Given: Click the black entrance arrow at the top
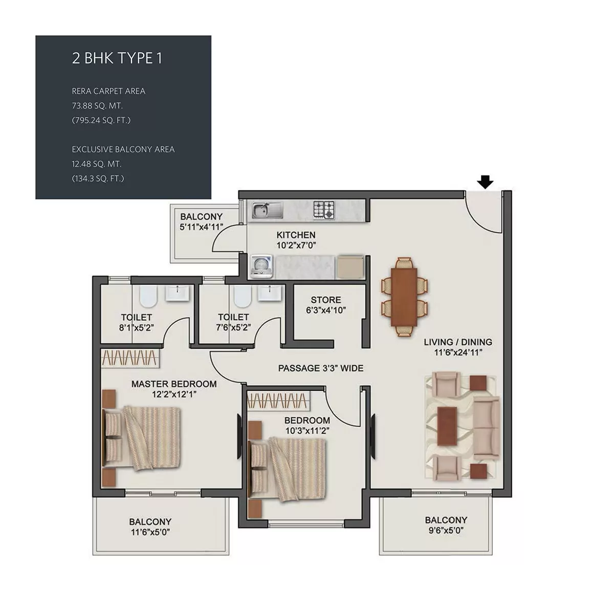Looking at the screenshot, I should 485,182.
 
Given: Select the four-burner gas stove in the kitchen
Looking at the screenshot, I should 324,209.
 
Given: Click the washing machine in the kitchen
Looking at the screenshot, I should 261,266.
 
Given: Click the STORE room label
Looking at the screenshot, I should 326,300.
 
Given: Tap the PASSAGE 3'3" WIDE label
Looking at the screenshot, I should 321,368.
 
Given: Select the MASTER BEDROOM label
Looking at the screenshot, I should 174,384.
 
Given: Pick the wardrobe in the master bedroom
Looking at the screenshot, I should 130,358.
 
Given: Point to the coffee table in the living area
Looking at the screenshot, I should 447,426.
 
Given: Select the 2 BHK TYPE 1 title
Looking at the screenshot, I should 117,58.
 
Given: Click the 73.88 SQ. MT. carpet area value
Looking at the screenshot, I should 97,106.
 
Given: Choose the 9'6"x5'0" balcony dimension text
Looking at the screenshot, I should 446,530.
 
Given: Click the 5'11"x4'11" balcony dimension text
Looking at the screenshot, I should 201,227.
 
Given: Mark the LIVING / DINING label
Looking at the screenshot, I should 458,342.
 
